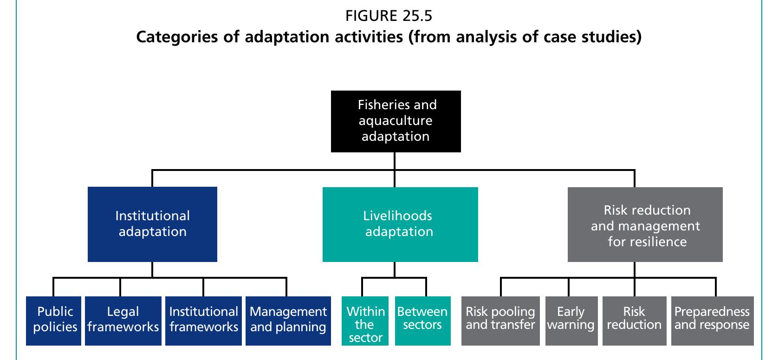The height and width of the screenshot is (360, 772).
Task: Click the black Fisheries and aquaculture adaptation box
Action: [x=396, y=121]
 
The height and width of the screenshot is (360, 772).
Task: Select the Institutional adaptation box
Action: [x=152, y=224]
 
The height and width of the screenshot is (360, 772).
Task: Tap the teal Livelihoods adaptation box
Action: [x=400, y=224]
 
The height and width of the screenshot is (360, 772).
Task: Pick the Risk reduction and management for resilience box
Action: [x=645, y=225]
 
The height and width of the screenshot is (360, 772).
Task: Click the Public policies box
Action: [x=54, y=321]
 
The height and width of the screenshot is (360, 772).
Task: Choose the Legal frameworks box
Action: [x=123, y=321]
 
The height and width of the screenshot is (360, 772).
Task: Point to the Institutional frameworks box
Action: [x=203, y=321]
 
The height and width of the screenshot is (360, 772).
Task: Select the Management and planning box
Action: [x=288, y=321]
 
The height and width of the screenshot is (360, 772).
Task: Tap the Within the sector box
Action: [x=365, y=321]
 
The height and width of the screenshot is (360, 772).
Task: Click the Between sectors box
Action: [x=422, y=321]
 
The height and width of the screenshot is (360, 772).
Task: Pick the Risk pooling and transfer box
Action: [x=500, y=321]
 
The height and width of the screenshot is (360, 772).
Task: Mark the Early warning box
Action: [x=571, y=321]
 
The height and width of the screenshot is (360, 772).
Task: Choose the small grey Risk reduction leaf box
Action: [x=634, y=321]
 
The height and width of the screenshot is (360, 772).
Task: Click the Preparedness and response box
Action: [x=712, y=321]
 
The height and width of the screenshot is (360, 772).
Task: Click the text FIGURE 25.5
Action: [x=389, y=16]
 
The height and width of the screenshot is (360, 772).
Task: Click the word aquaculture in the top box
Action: [x=396, y=121]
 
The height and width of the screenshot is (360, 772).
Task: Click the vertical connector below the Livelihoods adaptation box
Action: [x=395, y=270]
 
